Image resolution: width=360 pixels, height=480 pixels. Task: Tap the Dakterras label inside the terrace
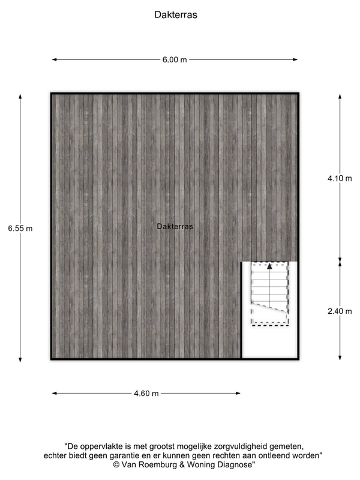click(175, 226)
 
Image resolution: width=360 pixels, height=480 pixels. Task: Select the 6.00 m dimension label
click(175, 59)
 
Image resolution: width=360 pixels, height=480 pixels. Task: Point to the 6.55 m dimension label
click(20, 228)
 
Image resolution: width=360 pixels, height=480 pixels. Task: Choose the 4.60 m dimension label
click(146, 394)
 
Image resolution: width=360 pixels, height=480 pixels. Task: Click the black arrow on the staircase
click(269, 266)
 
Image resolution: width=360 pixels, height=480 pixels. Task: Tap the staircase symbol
click(269, 293)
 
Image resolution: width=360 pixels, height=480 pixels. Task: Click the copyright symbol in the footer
click(116, 464)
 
